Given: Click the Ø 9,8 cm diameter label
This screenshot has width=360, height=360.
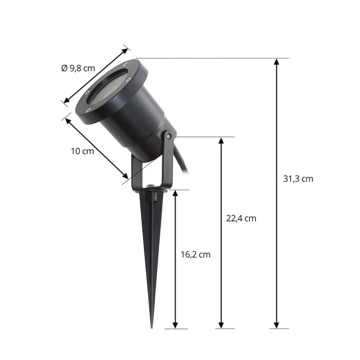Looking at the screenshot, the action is point(78,68).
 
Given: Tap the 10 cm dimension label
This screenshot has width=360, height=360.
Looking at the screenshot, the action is point(82,151).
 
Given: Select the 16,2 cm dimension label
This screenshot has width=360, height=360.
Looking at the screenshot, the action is point(195,255).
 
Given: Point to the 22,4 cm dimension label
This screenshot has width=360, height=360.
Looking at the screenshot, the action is point(241,219).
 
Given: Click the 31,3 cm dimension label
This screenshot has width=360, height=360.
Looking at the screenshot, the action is point(298,179).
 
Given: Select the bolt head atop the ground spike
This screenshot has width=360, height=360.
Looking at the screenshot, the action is point(150,186).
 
